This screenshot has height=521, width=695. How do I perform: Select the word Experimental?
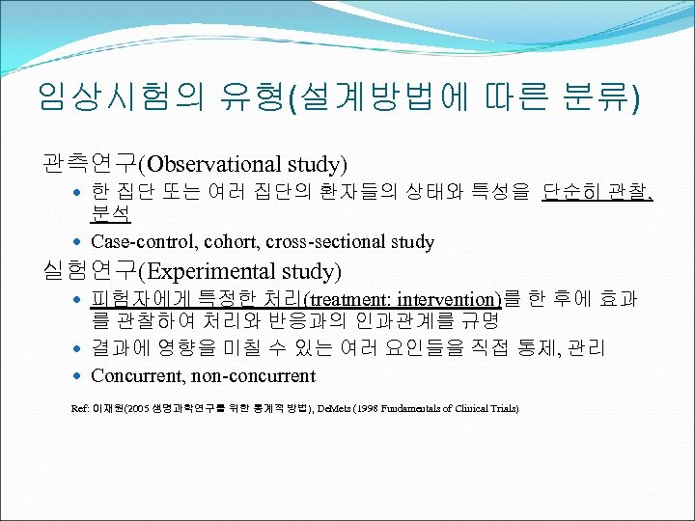click(x=202, y=271)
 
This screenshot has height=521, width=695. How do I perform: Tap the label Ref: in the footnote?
click(x=80, y=409)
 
